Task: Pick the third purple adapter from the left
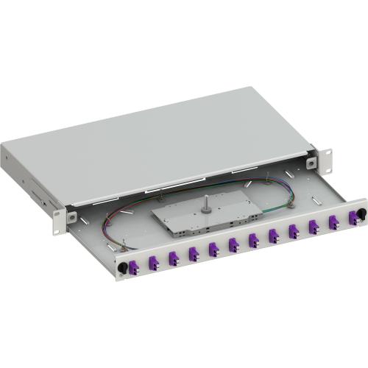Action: pos(194,252)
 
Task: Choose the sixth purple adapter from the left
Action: pos(254,240)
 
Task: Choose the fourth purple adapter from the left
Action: pos(213,249)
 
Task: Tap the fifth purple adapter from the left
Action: pos(234,244)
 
